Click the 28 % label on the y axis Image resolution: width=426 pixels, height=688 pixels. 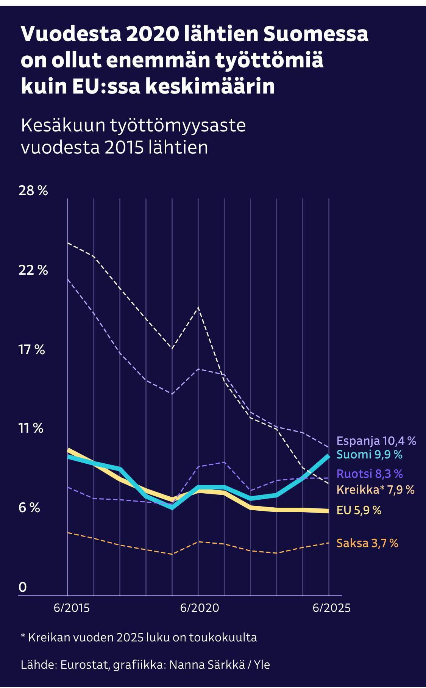33,191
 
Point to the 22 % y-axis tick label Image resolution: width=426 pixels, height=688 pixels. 33,270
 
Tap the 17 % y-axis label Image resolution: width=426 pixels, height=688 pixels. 32,349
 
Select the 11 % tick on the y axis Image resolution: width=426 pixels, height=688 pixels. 31,428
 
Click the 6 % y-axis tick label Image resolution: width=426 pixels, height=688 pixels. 29,508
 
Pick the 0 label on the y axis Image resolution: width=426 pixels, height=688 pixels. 23,587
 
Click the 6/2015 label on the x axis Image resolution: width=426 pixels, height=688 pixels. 72,608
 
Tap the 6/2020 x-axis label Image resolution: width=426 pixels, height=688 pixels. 200,608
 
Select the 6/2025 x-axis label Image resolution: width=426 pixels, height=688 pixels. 331,608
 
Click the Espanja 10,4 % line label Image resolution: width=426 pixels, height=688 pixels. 376,441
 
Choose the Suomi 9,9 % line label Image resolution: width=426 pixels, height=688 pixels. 369,455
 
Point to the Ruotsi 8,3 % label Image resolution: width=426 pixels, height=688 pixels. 370,474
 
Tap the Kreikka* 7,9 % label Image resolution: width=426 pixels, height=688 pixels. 375,489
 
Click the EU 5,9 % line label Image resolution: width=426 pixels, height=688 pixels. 359,510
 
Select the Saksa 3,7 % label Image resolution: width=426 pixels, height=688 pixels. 367,543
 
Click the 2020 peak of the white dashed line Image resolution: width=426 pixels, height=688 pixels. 198,307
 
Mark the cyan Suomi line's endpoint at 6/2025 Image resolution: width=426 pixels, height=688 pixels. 328,456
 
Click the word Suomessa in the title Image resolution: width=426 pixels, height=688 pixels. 316,34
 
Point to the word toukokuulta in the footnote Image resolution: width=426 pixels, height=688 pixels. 223,637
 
